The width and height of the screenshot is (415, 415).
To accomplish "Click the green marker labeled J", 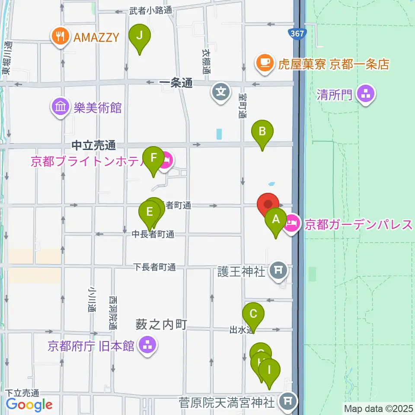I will [139, 36].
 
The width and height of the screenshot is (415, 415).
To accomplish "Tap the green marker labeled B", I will [262, 132].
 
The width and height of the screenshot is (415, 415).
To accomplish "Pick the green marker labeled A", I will [276, 220].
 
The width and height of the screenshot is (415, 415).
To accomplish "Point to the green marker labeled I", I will [269, 370].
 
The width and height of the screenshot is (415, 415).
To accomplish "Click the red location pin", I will [268, 204].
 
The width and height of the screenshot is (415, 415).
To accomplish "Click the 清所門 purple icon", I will [366, 94].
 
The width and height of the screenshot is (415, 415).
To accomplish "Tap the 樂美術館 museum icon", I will [60, 107].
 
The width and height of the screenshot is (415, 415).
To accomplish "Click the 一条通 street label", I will [176, 84].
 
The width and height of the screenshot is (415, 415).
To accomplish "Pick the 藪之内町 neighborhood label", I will [161, 324].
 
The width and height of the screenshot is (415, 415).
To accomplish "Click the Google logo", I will [29, 405].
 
